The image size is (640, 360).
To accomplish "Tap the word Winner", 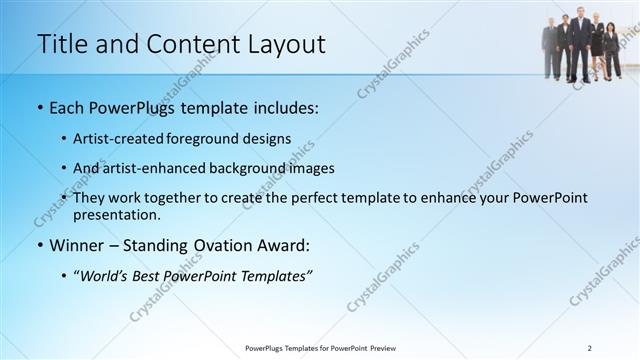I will tap(78, 245).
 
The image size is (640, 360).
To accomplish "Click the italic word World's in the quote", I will tap(106, 276).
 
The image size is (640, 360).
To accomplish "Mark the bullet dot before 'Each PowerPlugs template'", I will tap(40, 107).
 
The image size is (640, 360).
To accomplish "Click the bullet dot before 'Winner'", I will tap(40, 245).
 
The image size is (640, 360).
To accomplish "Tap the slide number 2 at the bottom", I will tap(590, 347).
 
